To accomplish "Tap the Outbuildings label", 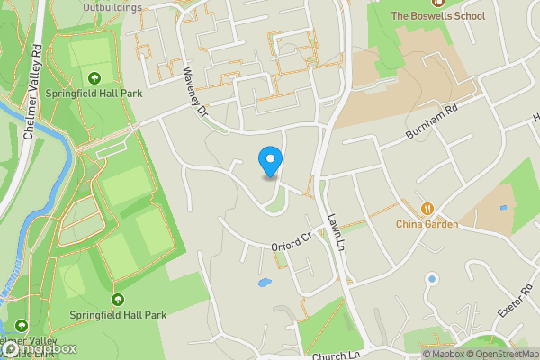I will [112, 7].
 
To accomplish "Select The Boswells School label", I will [437, 16].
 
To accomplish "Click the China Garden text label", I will [427, 224].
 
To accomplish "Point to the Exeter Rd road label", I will [516, 307].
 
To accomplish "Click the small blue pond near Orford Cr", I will [264, 283].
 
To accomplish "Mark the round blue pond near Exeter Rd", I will [432, 278].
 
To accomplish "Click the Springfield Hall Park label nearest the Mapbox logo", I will [118, 315].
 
